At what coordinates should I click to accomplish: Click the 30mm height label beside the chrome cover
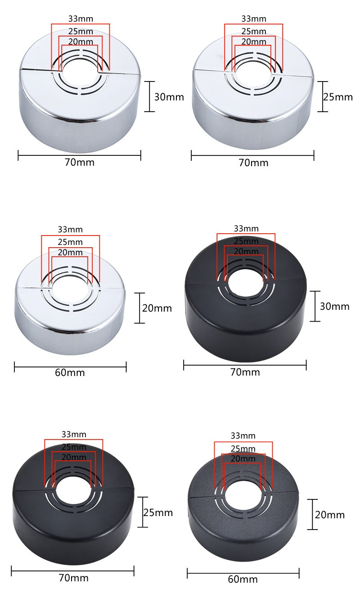[x=169, y=97]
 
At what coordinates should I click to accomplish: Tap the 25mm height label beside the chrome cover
[x=338, y=97]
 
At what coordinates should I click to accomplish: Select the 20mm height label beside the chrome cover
[x=157, y=308]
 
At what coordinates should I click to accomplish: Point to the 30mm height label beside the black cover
[x=334, y=306]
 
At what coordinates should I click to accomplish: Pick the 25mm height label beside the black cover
[x=158, y=512]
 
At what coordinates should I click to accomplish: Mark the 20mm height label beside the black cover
[x=330, y=515]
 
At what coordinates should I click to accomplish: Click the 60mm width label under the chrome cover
[x=70, y=372]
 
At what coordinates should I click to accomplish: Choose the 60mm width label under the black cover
[x=243, y=580]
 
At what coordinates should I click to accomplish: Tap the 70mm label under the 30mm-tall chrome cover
[x=80, y=162]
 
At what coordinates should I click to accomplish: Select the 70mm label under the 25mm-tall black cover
[x=74, y=578]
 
